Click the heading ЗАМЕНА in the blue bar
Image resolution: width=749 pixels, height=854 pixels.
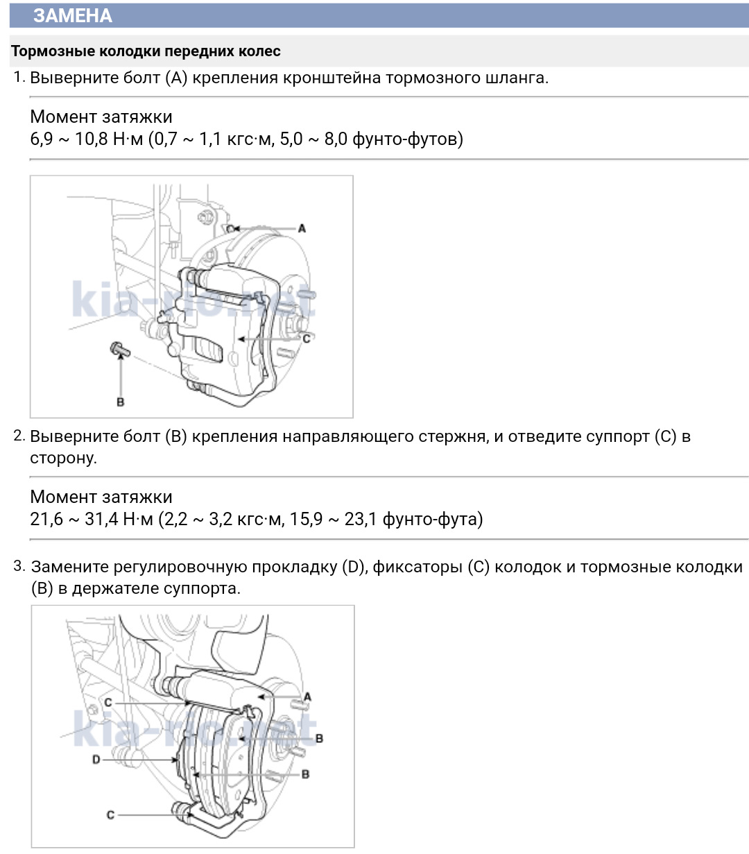click(x=72, y=15)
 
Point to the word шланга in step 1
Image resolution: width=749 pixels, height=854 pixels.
click(x=515, y=78)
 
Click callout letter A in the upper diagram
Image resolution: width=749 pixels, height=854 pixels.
click(x=302, y=228)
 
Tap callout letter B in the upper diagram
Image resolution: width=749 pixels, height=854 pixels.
click(x=121, y=402)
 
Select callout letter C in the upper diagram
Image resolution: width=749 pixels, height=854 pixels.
click(x=306, y=339)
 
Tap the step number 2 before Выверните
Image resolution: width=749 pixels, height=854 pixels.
click(x=19, y=436)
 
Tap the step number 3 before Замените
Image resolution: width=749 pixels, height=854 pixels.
click(x=19, y=567)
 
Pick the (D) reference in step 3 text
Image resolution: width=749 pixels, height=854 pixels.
click(x=354, y=567)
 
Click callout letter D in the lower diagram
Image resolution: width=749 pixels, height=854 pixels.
click(x=96, y=760)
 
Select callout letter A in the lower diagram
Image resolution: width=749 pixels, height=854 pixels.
click(x=307, y=697)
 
